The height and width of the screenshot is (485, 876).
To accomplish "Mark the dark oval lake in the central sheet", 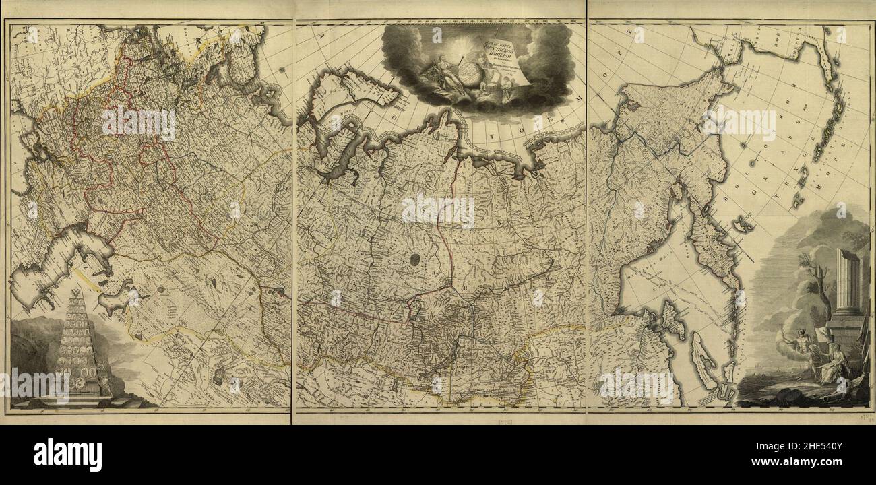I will point(412,259).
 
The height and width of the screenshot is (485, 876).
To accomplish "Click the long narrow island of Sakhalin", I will point(702,357).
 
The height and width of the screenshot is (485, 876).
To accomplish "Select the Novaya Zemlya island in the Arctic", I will point(344,101).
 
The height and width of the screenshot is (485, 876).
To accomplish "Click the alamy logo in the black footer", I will point(67,455).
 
